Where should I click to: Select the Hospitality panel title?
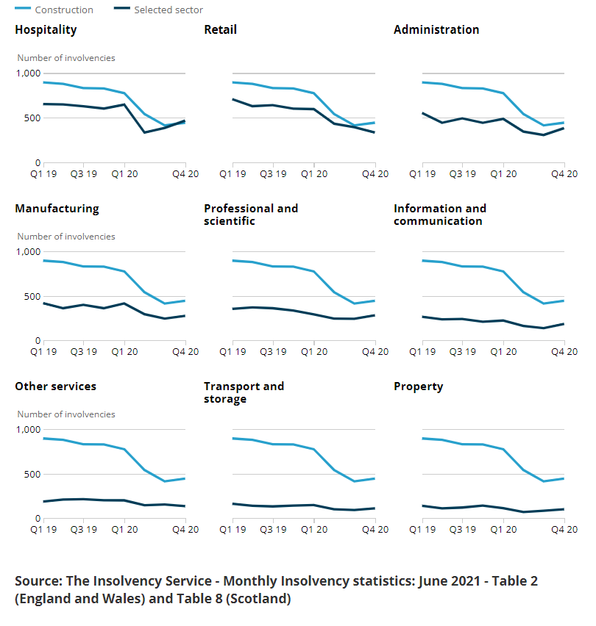(46, 30)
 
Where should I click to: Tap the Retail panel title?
(220, 30)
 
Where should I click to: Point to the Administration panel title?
(436, 30)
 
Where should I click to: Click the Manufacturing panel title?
(57, 209)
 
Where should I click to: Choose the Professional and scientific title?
(251, 215)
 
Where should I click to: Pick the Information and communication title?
(439, 215)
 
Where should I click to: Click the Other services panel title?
(55, 386)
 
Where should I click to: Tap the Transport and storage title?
(244, 392)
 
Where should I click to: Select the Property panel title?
(418, 386)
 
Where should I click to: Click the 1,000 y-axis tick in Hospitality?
(29, 73)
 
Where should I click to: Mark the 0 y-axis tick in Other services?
(38, 519)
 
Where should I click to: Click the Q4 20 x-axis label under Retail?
(375, 174)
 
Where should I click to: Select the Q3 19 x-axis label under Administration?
(463, 174)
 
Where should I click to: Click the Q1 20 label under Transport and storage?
(314, 530)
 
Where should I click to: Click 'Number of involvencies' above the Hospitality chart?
(66, 58)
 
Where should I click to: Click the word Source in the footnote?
(37, 581)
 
